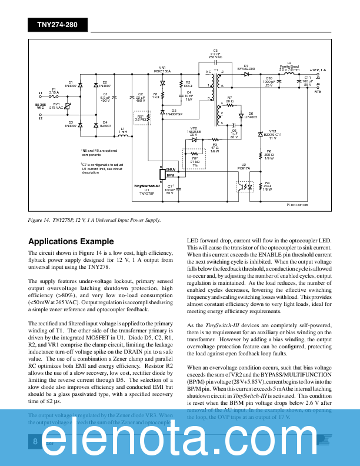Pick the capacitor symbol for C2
tap(140, 104)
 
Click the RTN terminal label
tap(318, 92)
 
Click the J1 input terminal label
tap(40, 93)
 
